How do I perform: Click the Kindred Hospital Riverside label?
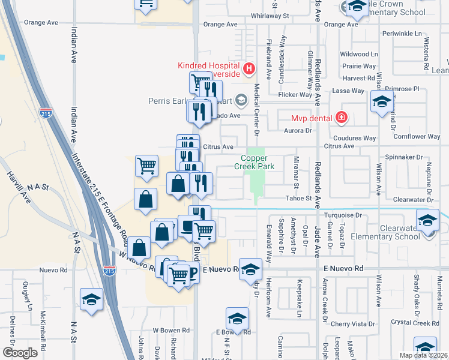(x=208, y=70)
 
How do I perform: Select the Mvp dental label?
(x=312, y=118)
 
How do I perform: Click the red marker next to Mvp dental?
(x=342, y=117)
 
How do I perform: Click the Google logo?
(x=20, y=352)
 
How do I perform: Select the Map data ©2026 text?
(x=423, y=355)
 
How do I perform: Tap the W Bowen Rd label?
(x=171, y=330)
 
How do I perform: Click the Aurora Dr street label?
(x=298, y=130)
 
